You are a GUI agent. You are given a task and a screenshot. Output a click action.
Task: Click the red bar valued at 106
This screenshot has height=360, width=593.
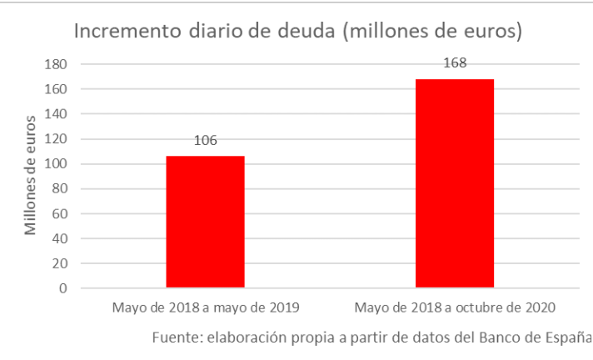point(205,222)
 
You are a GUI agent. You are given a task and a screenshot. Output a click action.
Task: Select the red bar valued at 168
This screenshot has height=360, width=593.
point(455,183)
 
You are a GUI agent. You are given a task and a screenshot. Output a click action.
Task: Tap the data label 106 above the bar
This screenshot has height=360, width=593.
point(205,140)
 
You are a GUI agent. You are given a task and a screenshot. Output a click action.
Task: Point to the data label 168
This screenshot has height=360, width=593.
point(455,62)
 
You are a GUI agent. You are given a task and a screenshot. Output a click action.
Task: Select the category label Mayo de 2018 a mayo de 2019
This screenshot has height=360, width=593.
point(205,307)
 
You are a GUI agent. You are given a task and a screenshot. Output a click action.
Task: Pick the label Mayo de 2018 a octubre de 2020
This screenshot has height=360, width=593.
point(455,307)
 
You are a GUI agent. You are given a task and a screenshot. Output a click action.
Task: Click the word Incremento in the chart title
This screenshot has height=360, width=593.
point(121,32)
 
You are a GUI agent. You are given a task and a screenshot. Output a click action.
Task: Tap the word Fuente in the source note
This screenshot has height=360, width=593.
point(177,337)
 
